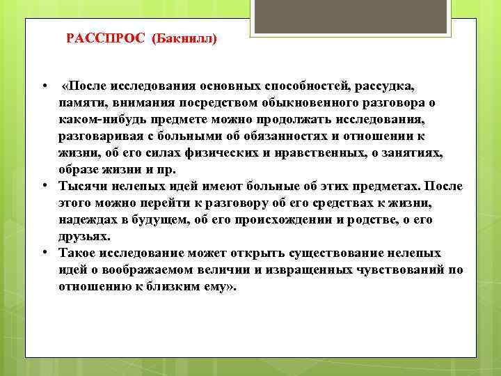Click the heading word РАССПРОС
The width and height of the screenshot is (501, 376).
click(104, 38)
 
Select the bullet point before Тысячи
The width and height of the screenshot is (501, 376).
click(43, 187)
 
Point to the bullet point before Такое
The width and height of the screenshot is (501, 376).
click(43, 253)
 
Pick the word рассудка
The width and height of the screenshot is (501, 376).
click(385, 86)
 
